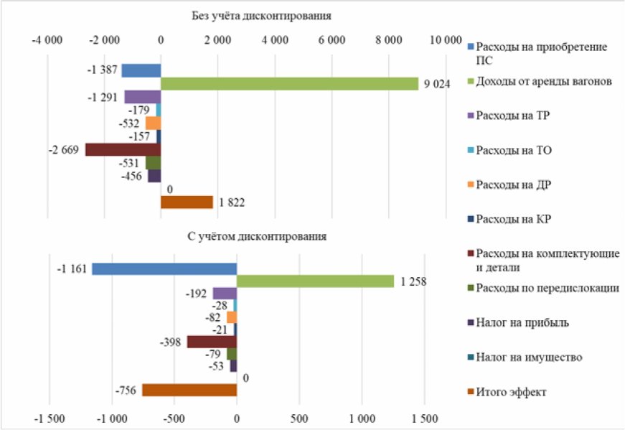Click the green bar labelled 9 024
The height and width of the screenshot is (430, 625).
(x=289, y=84)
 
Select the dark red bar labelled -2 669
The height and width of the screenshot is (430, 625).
(x=123, y=149)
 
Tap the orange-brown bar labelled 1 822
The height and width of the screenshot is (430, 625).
(x=187, y=202)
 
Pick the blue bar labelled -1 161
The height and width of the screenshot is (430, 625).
(x=164, y=268)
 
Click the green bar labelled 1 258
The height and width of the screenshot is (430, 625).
(x=315, y=281)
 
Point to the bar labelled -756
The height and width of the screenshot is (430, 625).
(x=189, y=390)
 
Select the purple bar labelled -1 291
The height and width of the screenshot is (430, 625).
(x=142, y=97)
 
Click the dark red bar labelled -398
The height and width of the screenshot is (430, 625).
(x=212, y=342)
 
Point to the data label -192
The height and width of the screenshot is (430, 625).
(x=196, y=293)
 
